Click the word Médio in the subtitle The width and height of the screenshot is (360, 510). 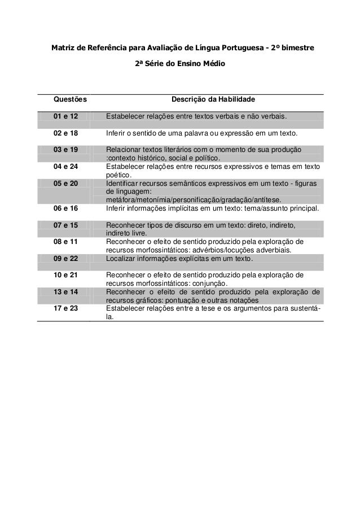click(x=213, y=64)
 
